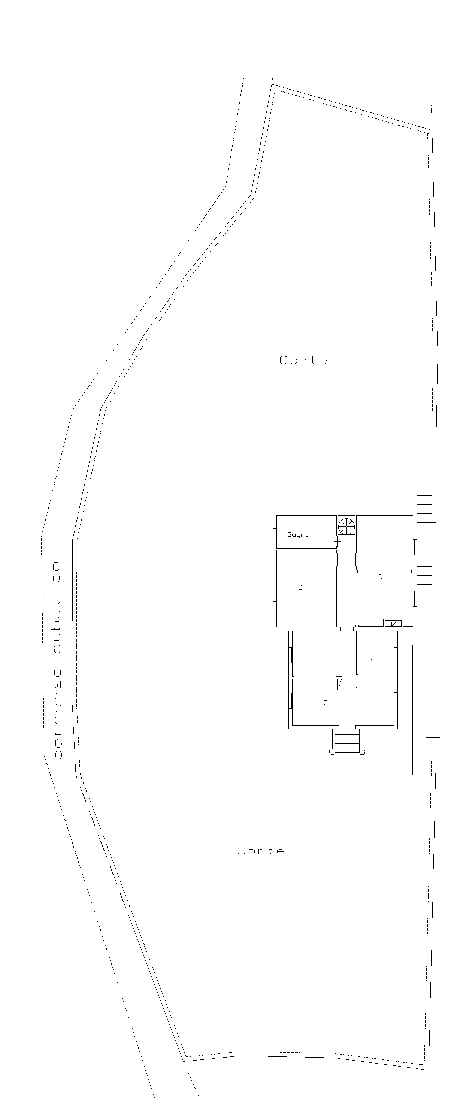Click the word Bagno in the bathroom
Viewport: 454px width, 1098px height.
[298, 534]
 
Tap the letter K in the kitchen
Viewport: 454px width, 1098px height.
[371, 660]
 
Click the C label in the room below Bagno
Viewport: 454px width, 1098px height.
[300, 588]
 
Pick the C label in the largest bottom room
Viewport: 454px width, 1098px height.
[326, 703]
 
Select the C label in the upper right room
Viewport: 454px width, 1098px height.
[380, 577]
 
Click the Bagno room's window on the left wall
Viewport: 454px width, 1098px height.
[275, 536]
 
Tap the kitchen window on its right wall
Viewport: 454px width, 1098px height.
[396, 655]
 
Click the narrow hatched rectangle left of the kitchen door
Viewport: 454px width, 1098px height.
[339, 682]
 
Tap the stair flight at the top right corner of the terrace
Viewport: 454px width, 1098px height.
[424, 511]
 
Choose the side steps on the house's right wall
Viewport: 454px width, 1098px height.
[424, 578]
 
